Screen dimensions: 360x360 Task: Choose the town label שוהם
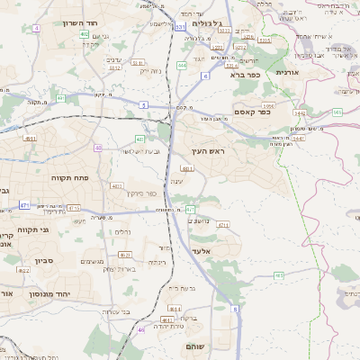[196, 346]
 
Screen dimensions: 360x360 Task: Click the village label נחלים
[124, 231]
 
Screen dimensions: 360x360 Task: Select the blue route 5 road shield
[143, 105]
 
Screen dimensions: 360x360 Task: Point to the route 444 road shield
[182, 65]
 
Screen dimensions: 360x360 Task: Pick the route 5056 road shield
[269, 106]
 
